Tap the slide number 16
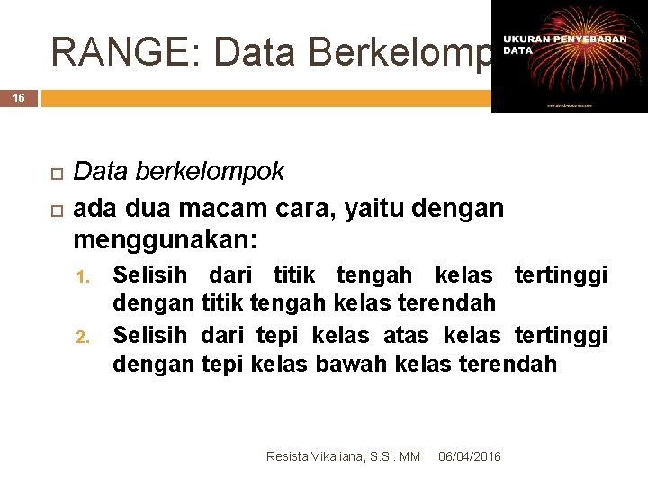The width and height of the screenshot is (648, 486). (19, 97)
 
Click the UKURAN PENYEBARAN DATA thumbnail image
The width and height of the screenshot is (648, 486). (569, 56)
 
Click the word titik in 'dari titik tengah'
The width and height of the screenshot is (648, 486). (293, 274)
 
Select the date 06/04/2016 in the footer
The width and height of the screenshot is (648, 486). (470, 457)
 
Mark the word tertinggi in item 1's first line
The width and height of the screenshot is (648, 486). (561, 274)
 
